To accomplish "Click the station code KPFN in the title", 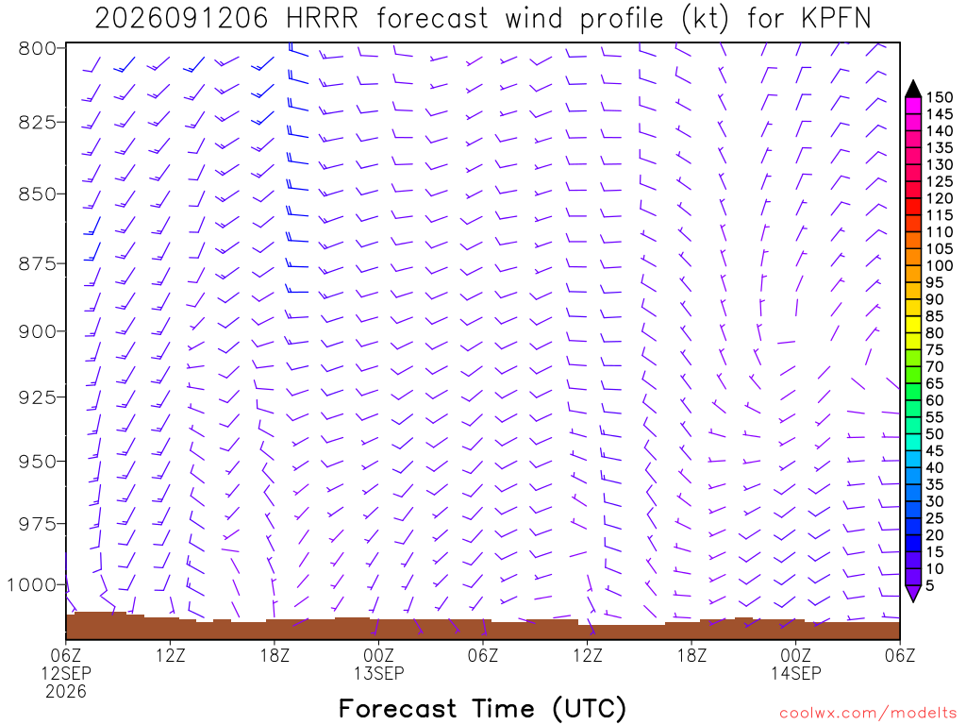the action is (x=836, y=19).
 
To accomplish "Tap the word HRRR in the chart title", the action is (x=322, y=19).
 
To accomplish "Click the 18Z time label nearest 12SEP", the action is (x=275, y=655).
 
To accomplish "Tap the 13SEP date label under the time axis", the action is (x=379, y=673).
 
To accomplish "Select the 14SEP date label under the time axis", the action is (x=796, y=673).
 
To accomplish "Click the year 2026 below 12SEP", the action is (x=66, y=692).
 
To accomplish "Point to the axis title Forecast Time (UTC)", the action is (x=482, y=709).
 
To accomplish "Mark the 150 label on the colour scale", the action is (x=940, y=97).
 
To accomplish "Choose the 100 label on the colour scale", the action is (x=940, y=265).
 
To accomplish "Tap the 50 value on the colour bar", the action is (x=935, y=434).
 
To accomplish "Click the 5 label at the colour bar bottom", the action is (x=930, y=585).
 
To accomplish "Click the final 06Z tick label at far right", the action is (x=900, y=655).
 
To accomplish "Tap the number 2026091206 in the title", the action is (x=181, y=19).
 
